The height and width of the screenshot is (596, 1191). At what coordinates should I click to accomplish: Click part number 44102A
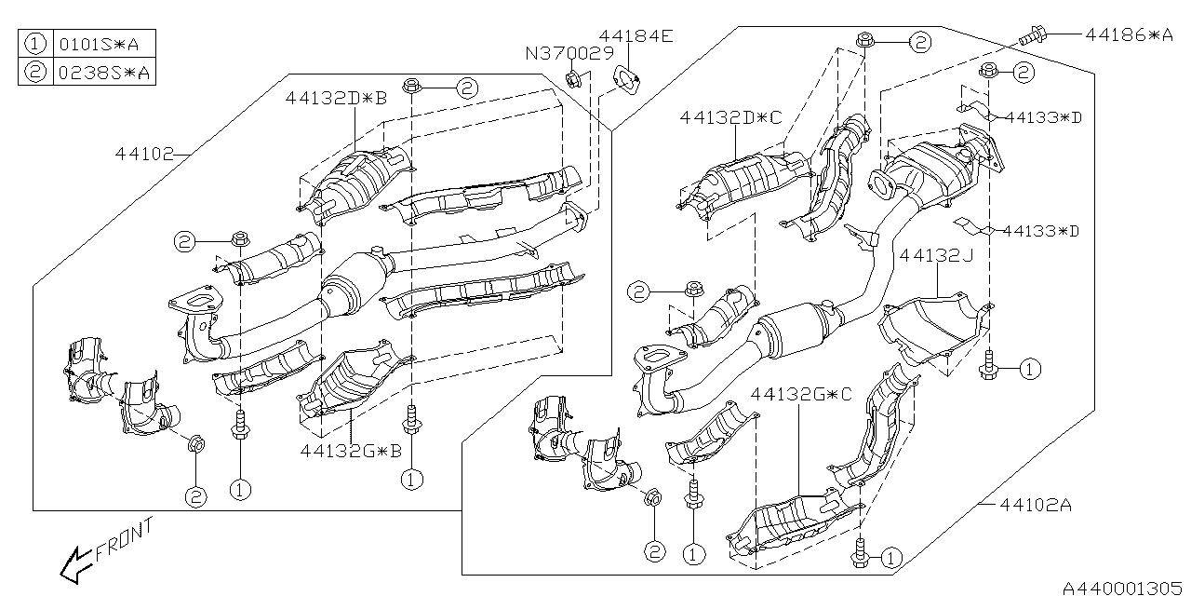(x=1037, y=506)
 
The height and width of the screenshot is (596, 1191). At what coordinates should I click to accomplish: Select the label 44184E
(x=636, y=37)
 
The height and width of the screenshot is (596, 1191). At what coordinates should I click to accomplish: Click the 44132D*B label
(x=336, y=97)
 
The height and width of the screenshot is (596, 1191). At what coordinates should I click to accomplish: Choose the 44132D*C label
(x=731, y=117)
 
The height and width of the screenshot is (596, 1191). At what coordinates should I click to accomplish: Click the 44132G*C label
(x=802, y=395)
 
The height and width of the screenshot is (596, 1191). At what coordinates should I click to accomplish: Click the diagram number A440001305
(x=1122, y=586)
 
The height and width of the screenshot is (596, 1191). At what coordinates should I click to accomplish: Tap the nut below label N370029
(x=574, y=79)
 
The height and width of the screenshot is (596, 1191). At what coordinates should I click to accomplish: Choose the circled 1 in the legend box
(x=35, y=44)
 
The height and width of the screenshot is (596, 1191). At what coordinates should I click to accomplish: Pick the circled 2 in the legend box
(x=35, y=71)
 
